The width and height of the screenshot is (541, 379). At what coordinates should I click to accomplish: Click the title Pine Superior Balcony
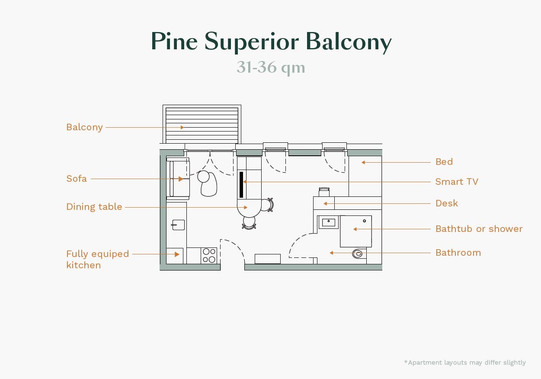pyautogui.click(x=271, y=42)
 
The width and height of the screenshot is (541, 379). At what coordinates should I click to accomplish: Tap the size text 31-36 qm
pyautogui.click(x=271, y=68)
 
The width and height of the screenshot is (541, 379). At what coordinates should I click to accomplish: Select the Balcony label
pyautogui.click(x=84, y=127)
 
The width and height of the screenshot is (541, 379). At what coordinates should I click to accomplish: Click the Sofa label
pyautogui.click(x=77, y=179)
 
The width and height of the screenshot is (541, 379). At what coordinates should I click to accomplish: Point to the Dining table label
pyautogui.click(x=94, y=207)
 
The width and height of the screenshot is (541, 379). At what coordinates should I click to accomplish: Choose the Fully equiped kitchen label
pyautogui.click(x=97, y=259)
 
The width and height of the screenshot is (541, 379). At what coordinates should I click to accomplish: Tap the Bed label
pyautogui.click(x=444, y=162)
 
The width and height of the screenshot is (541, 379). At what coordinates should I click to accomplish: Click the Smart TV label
pyautogui.click(x=457, y=182)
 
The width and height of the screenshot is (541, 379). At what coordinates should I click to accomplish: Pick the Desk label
pyautogui.click(x=446, y=203)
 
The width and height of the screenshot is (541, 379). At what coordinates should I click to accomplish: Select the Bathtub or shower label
pyautogui.click(x=479, y=229)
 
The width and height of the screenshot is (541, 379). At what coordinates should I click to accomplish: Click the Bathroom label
pyautogui.click(x=458, y=253)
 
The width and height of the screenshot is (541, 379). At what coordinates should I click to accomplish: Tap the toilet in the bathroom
pyautogui.click(x=358, y=254)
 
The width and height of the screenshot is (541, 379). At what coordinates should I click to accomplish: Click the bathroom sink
pyautogui.click(x=329, y=222)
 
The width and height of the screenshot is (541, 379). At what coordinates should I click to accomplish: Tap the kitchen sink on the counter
pyautogui.click(x=178, y=225)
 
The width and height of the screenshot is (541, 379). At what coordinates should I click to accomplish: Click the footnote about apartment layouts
pyautogui.click(x=465, y=363)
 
